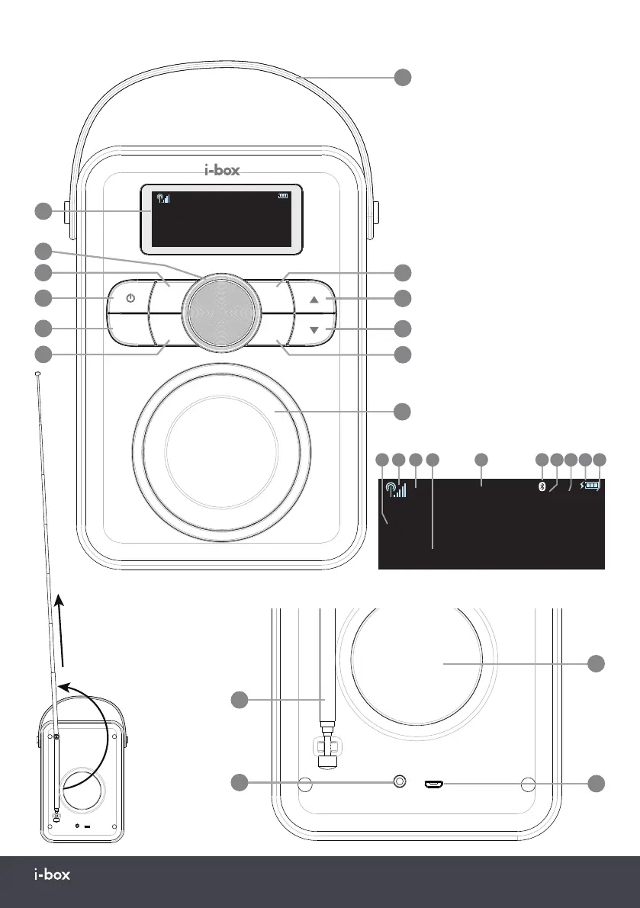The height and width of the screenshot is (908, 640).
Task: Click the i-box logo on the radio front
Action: click(223, 171)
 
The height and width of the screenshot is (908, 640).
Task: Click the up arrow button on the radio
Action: click(314, 300)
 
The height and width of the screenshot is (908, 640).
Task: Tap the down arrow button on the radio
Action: click(314, 329)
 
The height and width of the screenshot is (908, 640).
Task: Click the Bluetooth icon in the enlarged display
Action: click(542, 486)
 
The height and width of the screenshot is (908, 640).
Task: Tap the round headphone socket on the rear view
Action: click(397, 782)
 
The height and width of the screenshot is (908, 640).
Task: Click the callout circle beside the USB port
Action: click(596, 783)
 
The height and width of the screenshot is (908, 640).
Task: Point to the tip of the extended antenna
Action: click(37, 373)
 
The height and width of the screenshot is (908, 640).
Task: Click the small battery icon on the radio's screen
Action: click(285, 196)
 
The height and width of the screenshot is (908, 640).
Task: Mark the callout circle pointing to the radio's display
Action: click(43, 211)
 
